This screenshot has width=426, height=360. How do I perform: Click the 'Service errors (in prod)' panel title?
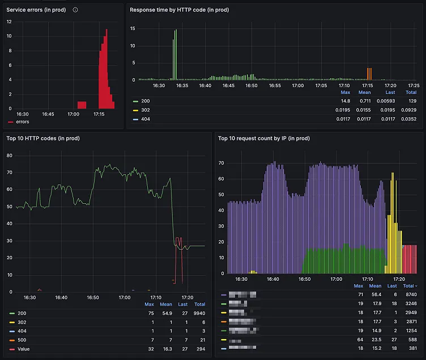click(x=36, y=10)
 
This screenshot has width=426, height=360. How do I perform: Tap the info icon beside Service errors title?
click(x=75, y=10)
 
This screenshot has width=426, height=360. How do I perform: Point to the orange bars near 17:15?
click(x=369, y=74)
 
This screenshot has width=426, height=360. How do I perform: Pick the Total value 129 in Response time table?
click(x=412, y=101)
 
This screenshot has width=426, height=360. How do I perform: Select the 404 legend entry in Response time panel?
click(x=145, y=119)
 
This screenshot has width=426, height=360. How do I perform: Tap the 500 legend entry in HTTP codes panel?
click(x=22, y=340)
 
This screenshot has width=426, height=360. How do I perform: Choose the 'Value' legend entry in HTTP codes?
click(x=23, y=349)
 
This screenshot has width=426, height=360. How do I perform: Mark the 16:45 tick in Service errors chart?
click(x=48, y=114)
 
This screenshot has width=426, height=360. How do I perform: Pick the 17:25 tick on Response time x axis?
click(x=414, y=85)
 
